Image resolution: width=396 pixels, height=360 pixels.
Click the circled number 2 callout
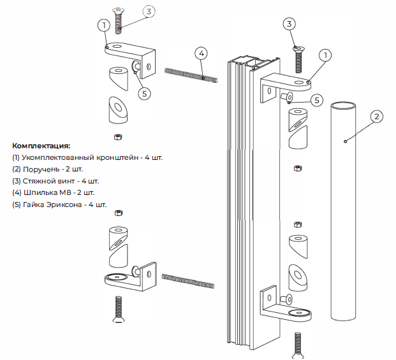(x=377, y=117)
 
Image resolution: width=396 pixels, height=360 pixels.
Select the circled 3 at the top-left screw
(x=148, y=11)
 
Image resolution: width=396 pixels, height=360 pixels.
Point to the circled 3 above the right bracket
(x=290, y=24)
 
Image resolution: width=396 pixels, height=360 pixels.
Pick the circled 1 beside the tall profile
(x=325, y=55)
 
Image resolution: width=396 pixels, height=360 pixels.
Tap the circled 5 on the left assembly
(x=144, y=93)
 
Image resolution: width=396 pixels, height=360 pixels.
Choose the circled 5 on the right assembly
(x=317, y=100)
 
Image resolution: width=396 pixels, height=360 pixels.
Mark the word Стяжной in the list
(x=36, y=181)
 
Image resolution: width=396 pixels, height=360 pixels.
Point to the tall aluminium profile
(x=252, y=204)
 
